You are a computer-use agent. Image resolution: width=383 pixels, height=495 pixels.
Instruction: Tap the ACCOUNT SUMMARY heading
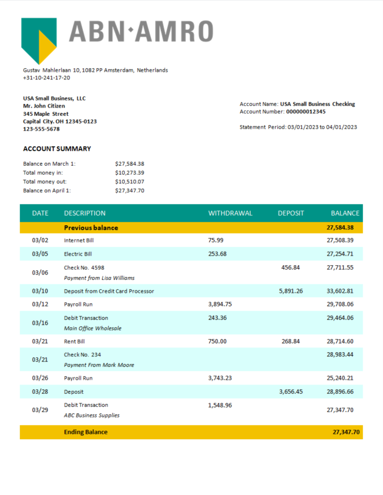pyautogui.click(x=57, y=149)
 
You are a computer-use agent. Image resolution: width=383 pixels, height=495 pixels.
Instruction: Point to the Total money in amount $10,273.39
pyautogui.click(x=130, y=173)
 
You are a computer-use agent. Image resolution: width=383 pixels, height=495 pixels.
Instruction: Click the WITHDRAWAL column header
pyautogui.click(x=230, y=213)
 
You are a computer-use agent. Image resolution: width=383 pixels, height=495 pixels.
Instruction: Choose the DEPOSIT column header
pyautogui.click(x=291, y=213)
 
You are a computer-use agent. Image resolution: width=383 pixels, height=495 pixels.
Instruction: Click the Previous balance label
pyautogui.click(x=91, y=228)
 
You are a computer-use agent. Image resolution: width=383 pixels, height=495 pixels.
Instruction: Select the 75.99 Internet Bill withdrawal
pyautogui.click(x=216, y=240)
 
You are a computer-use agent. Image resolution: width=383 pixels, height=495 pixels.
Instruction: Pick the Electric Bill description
pyautogui.click(x=78, y=254)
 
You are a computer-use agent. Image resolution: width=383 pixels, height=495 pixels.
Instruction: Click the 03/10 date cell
pyautogui.click(x=40, y=291)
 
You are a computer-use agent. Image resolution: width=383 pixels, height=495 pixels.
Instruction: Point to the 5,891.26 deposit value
pyautogui.click(x=291, y=291)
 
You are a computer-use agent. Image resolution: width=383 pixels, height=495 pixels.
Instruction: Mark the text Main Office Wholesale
pyautogui.click(x=93, y=328)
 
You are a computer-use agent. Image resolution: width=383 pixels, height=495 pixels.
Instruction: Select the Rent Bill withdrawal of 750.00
pyautogui.click(x=217, y=341)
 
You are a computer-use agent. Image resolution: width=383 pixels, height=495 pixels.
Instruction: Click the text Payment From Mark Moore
pyautogui.click(x=99, y=365)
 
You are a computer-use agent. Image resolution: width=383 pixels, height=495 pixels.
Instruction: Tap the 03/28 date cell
pyautogui.click(x=40, y=392)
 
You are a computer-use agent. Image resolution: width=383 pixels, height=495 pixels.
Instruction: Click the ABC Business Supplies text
pyautogui.click(x=92, y=415)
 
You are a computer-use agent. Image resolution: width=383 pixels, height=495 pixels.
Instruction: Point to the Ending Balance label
pyautogui.click(x=86, y=432)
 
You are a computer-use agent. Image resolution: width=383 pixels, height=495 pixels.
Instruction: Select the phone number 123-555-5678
pyautogui.click(x=41, y=129)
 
